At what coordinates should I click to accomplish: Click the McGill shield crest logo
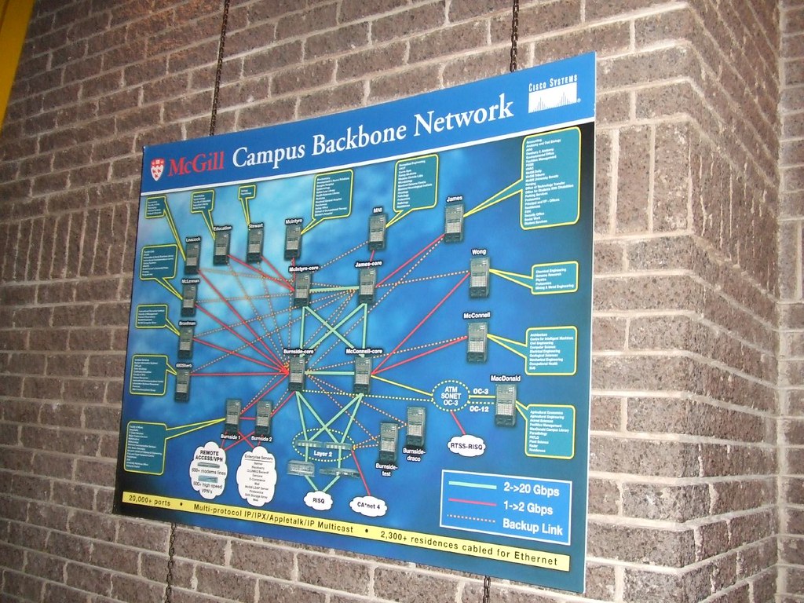pyautogui.click(x=158, y=168)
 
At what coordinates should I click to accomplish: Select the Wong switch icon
pyautogui.click(x=479, y=278)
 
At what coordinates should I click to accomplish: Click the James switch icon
pyautogui.click(x=453, y=223)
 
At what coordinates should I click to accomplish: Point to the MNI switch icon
pyautogui.click(x=377, y=232)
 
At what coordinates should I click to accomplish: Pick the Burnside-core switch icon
pyautogui.click(x=297, y=373)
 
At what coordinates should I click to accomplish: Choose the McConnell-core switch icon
pyautogui.click(x=362, y=375)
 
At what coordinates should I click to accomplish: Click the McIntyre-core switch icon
pyautogui.click(x=301, y=290)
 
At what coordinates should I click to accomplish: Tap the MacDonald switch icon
pyautogui.click(x=506, y=405)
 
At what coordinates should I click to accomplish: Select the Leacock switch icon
pyautogui.click(x=192, y=257)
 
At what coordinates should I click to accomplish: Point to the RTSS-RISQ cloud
pyautogui.click(x=467, y=447)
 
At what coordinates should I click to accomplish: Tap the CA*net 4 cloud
pyautogui.click(x=367, y=504)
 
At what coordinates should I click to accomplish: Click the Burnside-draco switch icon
pyautogui.click(x=415, y=427)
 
